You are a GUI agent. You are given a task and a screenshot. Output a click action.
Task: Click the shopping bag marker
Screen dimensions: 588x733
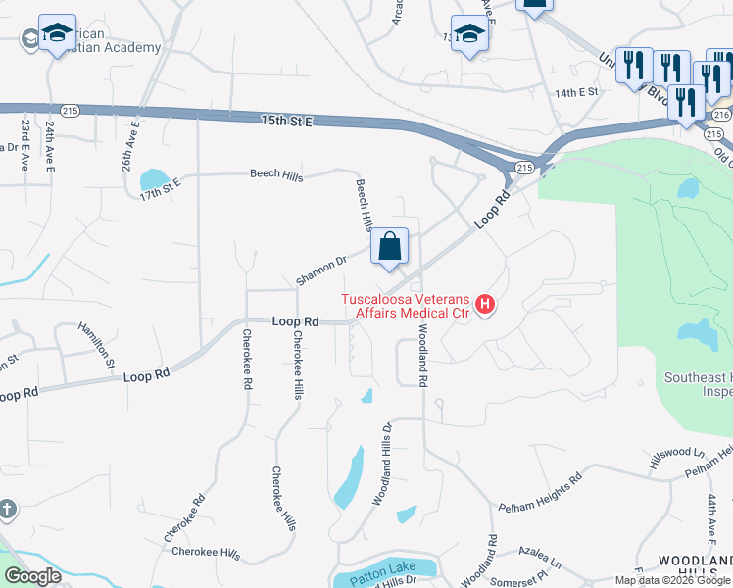click(x=390, y=247)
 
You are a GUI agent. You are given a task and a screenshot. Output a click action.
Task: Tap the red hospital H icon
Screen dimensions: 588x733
click(x=484, y=306)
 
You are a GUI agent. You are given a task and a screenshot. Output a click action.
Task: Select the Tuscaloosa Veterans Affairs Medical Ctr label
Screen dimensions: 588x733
click(x=406, y=306)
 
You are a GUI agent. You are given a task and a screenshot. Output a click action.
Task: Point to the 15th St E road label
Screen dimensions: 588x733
click(x=286, y=120)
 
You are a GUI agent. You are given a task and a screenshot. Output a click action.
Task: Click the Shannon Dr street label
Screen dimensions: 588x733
click(x=322, y=270)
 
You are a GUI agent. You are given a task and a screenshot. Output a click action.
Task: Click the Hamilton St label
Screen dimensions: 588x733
click(x=98, y=346)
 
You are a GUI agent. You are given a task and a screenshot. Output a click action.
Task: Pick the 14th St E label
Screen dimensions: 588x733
click(x=575, y=92)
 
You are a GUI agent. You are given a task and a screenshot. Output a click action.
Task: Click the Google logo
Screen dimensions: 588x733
click(x=33, y=576)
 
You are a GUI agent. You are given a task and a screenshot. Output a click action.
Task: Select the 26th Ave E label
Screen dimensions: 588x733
click(x=129, y=146)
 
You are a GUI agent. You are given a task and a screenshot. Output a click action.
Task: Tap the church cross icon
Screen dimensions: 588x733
click(x=7, y=510)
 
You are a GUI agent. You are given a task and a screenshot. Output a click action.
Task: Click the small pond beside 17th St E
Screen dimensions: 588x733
click(x=153, y=178)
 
